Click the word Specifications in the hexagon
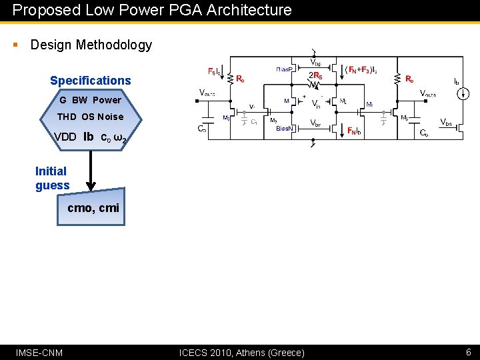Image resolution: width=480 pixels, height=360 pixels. click(91, 81)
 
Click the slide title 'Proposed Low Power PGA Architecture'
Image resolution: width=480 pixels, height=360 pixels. click(152, 10)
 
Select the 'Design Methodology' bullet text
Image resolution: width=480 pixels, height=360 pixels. click(91, 45)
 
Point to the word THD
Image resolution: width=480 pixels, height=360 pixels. click(67, 117)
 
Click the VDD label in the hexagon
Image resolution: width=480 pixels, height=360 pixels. click(65, 137)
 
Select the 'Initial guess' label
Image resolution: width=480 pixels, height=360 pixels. click(52, 178)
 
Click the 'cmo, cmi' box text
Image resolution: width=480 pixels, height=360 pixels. click(93, 208)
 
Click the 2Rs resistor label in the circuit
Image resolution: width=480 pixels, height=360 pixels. click(315, 75)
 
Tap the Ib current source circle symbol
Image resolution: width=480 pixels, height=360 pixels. click(460, 94)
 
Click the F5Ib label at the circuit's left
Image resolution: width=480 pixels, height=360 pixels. click(216, 71)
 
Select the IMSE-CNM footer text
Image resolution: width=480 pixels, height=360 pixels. click(39, 352)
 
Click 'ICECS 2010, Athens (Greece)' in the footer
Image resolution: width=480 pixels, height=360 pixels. click(242, 352)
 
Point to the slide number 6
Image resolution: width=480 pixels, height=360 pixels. click(468, 352)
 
